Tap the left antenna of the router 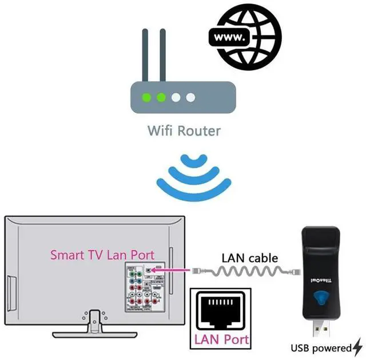click(145, 54)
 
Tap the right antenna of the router click(162, 54)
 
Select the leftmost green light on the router click(148, 98)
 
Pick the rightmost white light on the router click(190, 98)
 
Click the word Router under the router click(198, 131)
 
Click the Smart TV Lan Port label click(102, 254)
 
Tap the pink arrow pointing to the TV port click(171, 268)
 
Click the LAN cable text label click(249, 258)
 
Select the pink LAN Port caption click(221, 339)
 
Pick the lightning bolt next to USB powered click(357, 347)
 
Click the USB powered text click(321, 347)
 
